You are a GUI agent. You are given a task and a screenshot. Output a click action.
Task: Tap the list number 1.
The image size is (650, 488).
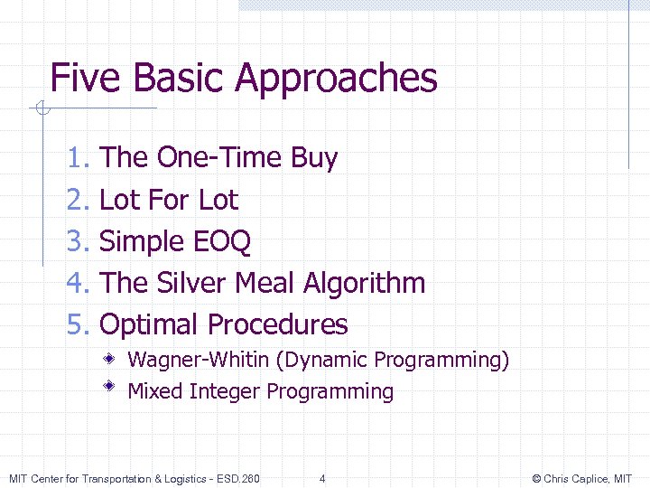78,158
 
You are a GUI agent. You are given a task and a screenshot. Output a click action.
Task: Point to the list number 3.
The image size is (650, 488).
78,241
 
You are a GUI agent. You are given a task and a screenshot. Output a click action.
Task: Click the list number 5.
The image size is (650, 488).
78,324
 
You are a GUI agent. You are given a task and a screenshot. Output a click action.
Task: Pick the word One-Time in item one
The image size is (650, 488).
219,158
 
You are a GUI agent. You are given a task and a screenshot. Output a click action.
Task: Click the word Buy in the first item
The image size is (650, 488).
314,159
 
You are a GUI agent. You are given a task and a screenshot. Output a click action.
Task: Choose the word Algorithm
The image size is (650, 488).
365,284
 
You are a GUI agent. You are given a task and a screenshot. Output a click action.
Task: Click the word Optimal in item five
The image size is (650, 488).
148,324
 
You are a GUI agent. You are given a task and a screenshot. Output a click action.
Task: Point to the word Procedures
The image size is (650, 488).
277,324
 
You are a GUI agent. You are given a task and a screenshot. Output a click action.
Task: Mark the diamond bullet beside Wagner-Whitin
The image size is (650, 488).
108,359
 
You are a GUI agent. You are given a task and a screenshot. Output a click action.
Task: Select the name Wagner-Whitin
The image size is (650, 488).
199,361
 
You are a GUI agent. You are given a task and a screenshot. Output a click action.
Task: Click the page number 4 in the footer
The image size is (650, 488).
322,478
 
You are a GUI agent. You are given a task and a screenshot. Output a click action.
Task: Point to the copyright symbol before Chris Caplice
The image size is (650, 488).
536,478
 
